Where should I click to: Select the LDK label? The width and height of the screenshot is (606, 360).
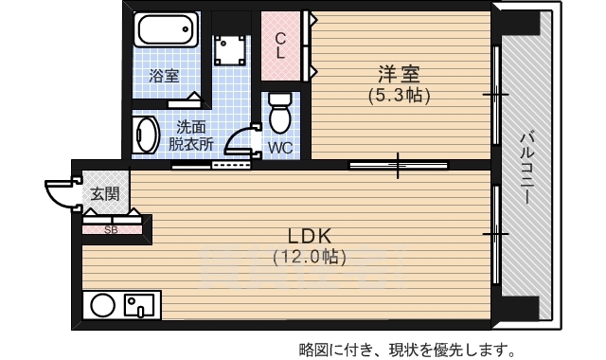pos(310,235)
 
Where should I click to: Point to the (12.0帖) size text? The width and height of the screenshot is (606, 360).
pos(310,256)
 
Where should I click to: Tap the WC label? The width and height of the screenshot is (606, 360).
pos(279,148)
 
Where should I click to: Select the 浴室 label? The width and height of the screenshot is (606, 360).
pos(165,76)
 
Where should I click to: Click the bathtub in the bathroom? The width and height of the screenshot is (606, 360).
pos(167,29)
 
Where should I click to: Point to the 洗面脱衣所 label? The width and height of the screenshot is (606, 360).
pos(191,135)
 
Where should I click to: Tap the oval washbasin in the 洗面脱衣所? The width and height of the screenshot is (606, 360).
pos(144,135)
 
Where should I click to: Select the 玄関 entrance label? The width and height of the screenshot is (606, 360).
pos(104,194)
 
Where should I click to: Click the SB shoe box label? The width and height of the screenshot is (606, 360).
pos(111,229)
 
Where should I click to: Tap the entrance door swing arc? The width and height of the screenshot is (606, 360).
pos(61,192)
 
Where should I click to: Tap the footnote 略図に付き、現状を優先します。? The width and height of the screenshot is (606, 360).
pos(407,347)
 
